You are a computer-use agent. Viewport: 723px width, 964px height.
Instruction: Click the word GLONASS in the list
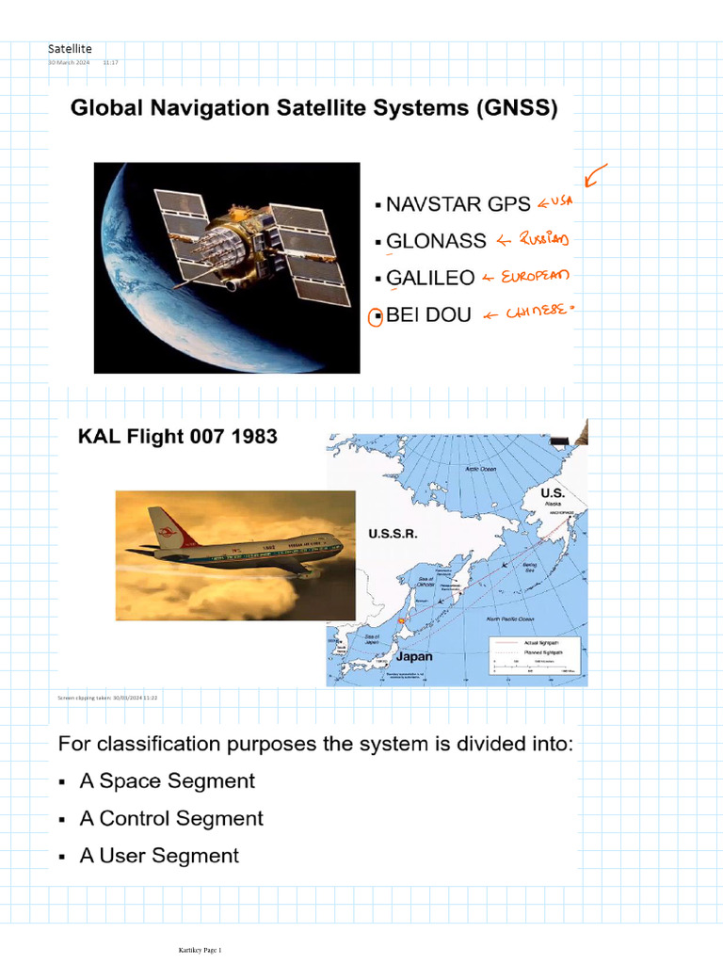click(436, 241)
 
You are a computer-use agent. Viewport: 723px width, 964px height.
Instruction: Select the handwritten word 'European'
click(536, 278)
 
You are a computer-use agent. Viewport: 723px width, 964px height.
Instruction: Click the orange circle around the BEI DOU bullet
click(375, 317)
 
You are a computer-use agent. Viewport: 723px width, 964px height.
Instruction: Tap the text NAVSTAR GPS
click(458, 204)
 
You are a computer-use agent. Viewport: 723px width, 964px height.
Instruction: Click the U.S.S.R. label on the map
click(393, 533)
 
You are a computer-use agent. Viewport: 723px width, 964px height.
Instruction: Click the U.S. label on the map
click(553, 492)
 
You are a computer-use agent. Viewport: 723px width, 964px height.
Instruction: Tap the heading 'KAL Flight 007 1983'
click(177, 437)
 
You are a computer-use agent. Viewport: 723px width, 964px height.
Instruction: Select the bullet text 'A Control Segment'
click(171, 819)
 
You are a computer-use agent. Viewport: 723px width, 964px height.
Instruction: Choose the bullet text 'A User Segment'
click(159, 856)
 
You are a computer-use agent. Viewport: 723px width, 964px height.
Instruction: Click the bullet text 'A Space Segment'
click(167, 781)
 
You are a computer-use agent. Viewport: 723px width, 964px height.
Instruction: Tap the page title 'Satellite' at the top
click(70, 48)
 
